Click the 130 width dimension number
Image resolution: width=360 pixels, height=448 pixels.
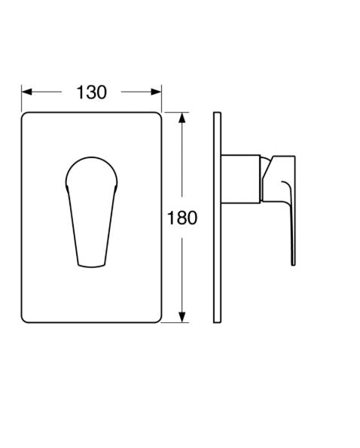(91, 93)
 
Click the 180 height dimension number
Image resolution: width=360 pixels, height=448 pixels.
(182, 218)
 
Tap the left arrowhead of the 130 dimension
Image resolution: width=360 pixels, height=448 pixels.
(27, 92)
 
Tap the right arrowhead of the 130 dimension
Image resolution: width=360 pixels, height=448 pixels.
(157, 92)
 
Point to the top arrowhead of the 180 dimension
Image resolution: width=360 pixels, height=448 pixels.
(182, 117)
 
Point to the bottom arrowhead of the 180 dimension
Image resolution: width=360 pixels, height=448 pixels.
(182, 317)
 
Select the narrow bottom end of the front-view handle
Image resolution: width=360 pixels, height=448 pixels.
(91, 265)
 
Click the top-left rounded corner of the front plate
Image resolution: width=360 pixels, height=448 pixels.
(24, 114)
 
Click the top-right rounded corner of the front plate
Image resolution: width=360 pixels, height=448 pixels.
(159, 114)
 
